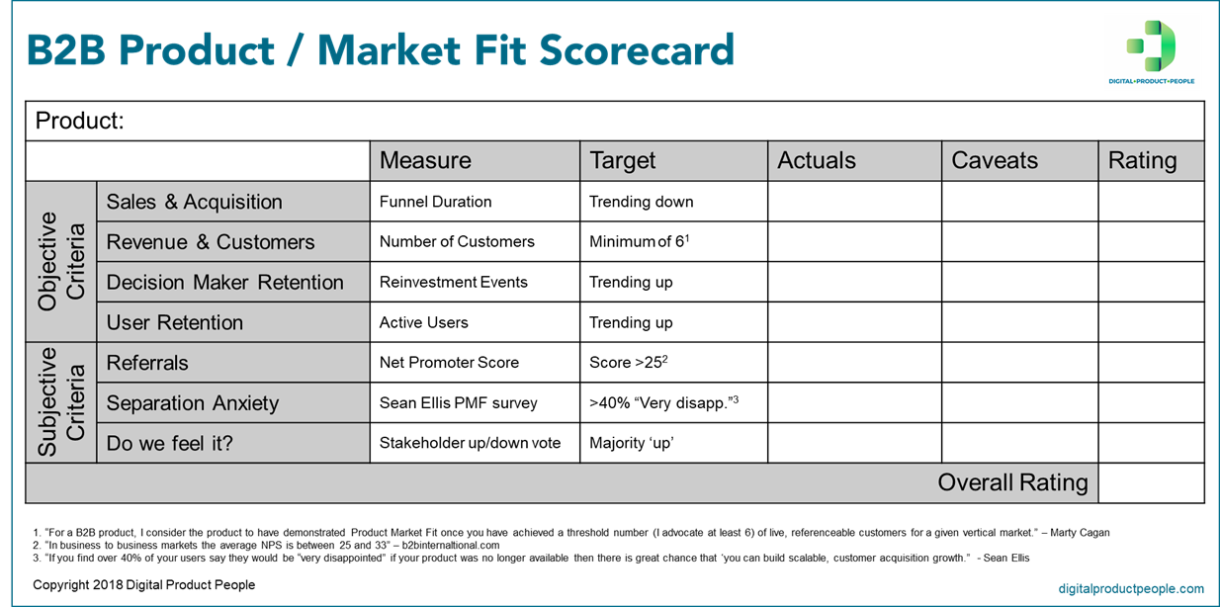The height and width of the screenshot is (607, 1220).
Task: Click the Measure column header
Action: pos(425,160)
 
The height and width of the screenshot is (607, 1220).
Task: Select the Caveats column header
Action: pos(995,160)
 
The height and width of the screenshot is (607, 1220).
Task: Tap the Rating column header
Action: pos(1142,160)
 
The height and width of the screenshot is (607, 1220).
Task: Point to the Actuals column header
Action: pos(817,160)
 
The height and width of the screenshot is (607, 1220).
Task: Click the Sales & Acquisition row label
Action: pos(195,202)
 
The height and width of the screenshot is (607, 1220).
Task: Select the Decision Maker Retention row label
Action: pos(224,282)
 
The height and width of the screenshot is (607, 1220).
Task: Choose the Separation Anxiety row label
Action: pos(193,403)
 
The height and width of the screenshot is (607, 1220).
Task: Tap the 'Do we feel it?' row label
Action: pos(170,443)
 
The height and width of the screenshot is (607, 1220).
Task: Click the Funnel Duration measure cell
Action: pos(435,202)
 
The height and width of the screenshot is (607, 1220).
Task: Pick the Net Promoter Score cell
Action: pos(449,363)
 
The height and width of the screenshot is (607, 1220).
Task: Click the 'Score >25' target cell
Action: pos(629,363)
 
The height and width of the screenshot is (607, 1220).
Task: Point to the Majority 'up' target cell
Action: pos(631,443)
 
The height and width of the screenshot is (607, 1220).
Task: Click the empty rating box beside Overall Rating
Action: pos(1151,483)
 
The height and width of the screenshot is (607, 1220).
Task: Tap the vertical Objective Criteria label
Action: pos(61,261)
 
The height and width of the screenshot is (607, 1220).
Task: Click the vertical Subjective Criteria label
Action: pos(61,402)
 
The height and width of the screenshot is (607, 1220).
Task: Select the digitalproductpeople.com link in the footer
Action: pos(1131,588)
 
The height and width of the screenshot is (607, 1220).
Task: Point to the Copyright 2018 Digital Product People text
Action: pos(144,585)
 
